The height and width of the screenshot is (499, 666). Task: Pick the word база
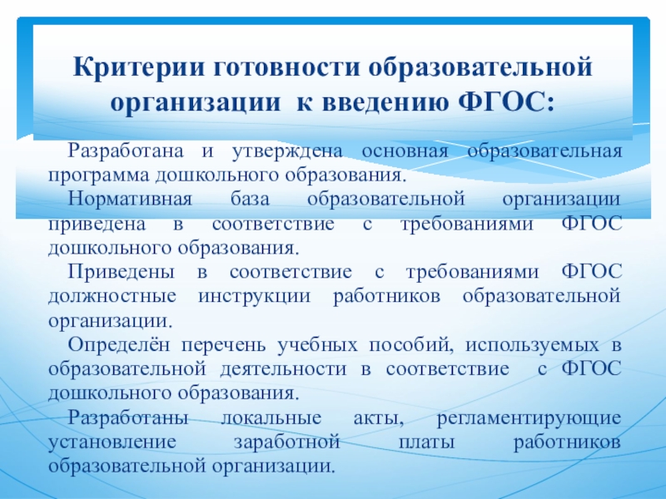[x=248, y=200]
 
